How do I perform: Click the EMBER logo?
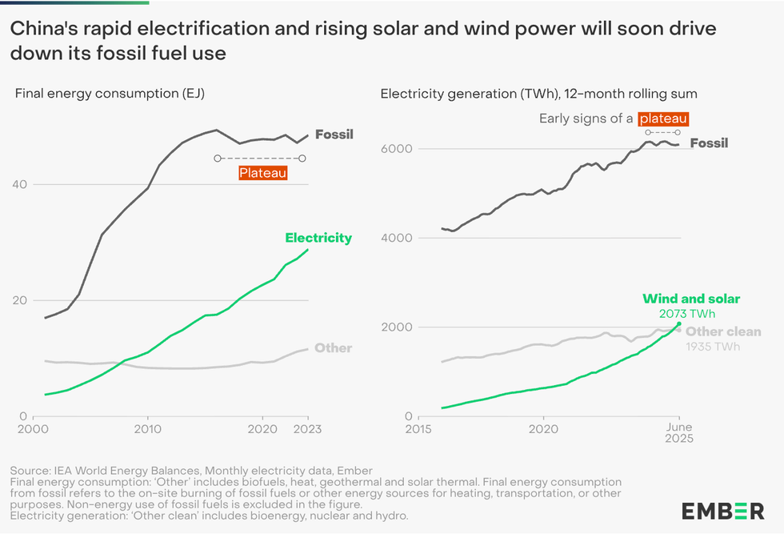[x=722, y=511]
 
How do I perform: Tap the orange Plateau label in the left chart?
[x=263, y=172]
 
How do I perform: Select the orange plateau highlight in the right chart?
[x=664, y=118]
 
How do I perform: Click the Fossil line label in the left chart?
[x=334, y=134]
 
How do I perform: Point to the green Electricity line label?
[x=318, y=238]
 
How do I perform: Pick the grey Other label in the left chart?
[x=333, y=348]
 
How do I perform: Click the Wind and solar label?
[x=691, y=299]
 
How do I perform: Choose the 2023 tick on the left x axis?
[x=307, y=429]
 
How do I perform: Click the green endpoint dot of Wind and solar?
[x=679, y=324]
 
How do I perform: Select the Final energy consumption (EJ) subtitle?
[x=110, y=94]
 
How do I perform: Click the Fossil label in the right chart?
[x=709, y=143]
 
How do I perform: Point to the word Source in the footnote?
[x=30, y=470]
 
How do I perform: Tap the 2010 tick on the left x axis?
[x=147, y=429]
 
